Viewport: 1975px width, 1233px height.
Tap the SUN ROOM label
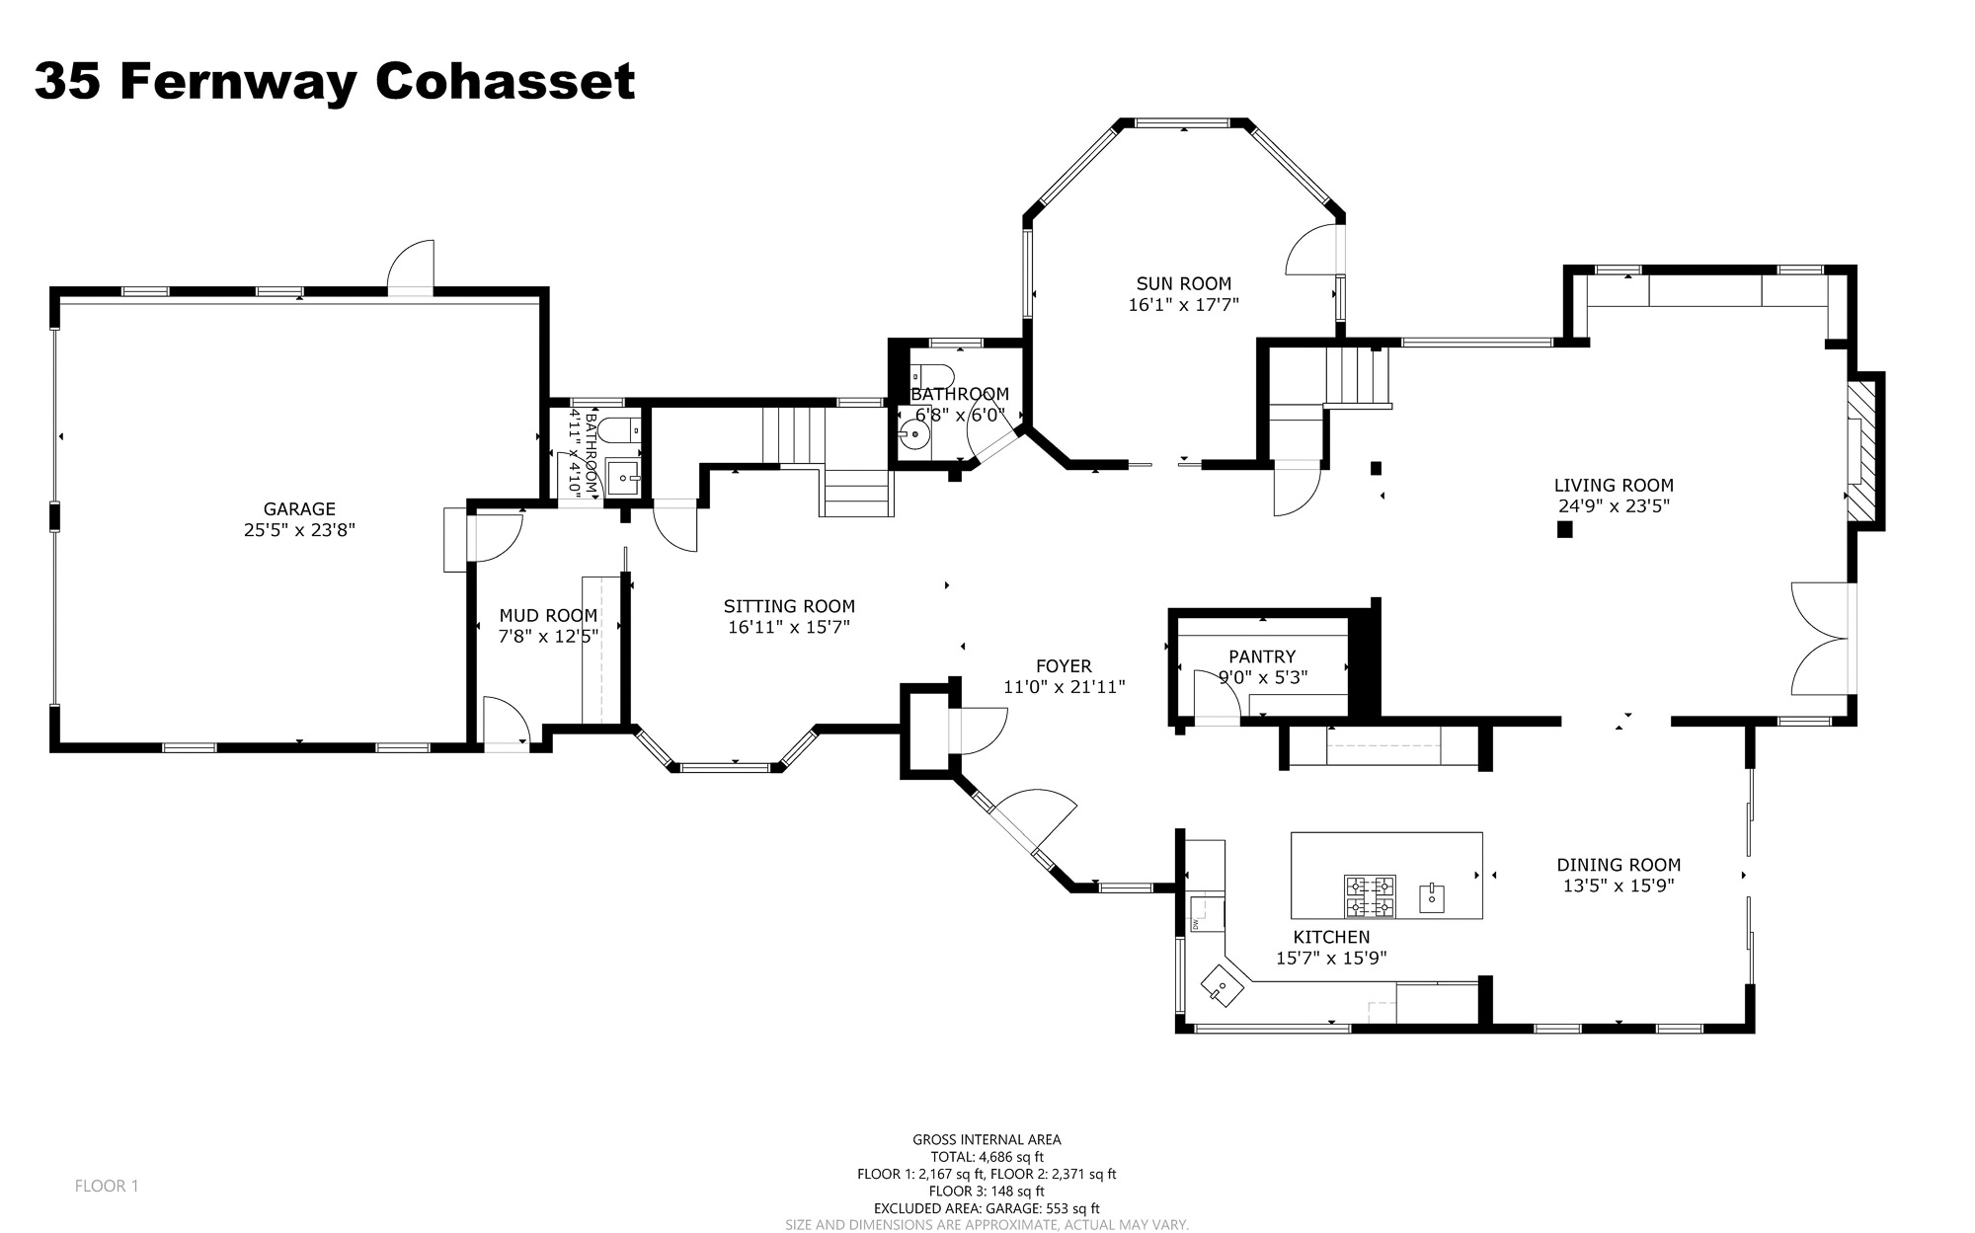tap(1183, 284)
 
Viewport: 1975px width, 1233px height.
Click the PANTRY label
tap(1262, 656)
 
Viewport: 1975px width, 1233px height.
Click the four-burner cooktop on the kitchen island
tap(1370, 896)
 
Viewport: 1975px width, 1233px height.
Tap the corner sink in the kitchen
tap(1222, 986)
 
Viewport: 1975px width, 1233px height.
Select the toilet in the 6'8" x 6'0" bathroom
tap(931, 376)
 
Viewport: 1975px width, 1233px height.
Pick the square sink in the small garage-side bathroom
tap(623, 477)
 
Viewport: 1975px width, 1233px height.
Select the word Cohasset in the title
tap(505, 81)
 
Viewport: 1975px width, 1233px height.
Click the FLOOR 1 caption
tap(107, 1186)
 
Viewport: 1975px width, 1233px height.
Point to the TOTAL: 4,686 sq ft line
tap(987, 1157)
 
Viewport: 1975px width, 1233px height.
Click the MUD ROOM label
tap(548, 616)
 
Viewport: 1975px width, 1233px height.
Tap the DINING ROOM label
tap(1619, 865)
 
